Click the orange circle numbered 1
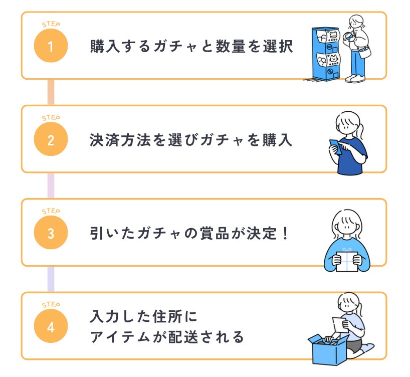click(50, 47)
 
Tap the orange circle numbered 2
click(50, 140)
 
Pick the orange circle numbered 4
click(50, 327)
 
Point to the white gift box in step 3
click(347, 260)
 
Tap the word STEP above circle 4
click(50, 304)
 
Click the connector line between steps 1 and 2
click(51, 92)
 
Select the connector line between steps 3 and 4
click(51, 279)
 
